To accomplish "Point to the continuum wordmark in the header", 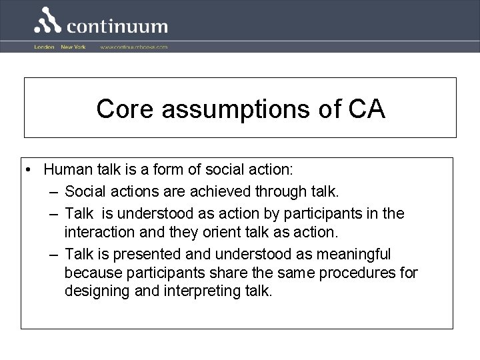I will tap(117, 27).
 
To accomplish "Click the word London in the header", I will tap(44, 47).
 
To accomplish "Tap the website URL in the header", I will tap(134, 47).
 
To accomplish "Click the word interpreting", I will tap(199, 291).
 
